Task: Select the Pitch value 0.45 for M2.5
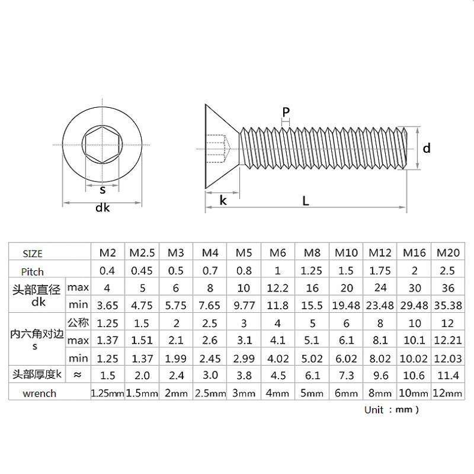(142, 271)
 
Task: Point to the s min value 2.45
(210, 358)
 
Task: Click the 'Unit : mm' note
(392, 409)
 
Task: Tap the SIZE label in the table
(33, 254)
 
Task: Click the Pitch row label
(33, 271)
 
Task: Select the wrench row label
(39, 393)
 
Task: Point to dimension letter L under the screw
(306, 200)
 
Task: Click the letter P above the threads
(286, 113)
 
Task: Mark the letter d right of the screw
(427, 148)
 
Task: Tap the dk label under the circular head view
(103, 208)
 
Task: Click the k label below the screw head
(223, 200)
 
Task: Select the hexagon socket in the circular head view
(102, 146)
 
